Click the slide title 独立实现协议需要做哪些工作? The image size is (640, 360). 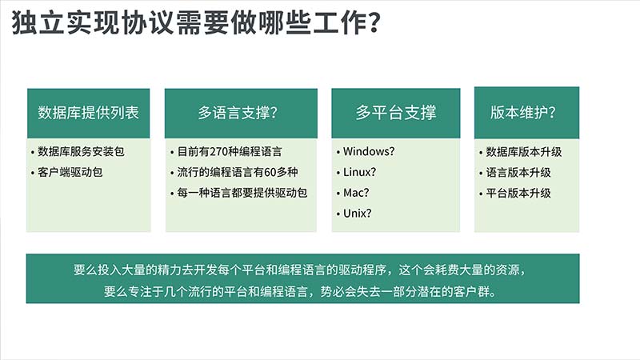[x=196, y=22]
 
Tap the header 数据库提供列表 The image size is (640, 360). [x=89, y=113]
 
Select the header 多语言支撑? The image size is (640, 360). [x=238, y=113]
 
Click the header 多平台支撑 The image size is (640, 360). [x=396, y=113]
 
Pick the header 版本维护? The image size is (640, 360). [x=523, y=113]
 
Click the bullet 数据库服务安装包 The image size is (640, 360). [x=81, y=151]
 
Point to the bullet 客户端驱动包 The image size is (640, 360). [x=70, y=172]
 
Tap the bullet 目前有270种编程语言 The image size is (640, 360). [x=230, y=152]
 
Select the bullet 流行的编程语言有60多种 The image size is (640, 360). [x=237, y=172]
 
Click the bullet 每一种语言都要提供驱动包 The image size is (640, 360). [x=242, y=193]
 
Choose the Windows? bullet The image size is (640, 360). [x=369, y=151]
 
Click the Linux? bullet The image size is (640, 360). [x=359, y=172]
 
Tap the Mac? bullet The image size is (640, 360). [x=356, y=193]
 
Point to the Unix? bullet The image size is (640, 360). [x=357, y=213]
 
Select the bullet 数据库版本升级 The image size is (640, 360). [x=524, y=152]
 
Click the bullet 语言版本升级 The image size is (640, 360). [x=518, y=172]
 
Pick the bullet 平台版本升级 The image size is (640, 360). [x=518, y=193]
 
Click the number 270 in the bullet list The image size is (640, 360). [x=218, y=152]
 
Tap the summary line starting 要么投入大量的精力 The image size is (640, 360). [x=300, y=270]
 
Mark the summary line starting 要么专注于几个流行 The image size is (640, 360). [x=300, y=291]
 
